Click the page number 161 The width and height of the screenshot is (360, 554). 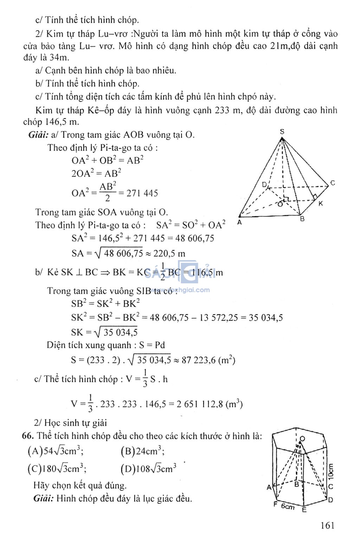[x=327, y=526]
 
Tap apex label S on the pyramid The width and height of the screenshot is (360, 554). [x=282, y=132]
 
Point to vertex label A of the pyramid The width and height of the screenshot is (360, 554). [x=239, y=223]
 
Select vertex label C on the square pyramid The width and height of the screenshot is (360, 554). [x=333, y=183]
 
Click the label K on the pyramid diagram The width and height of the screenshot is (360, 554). [x=321, y=203]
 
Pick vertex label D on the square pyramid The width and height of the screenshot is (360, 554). [x=264, y=185]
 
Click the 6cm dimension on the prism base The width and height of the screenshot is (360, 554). [x=288, y=506]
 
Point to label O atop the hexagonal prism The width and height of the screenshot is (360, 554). [x=302, y=439]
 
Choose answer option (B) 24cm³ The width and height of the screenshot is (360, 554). [x=142, y=451]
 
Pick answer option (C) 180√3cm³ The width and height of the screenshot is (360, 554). [x=57, y=469]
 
